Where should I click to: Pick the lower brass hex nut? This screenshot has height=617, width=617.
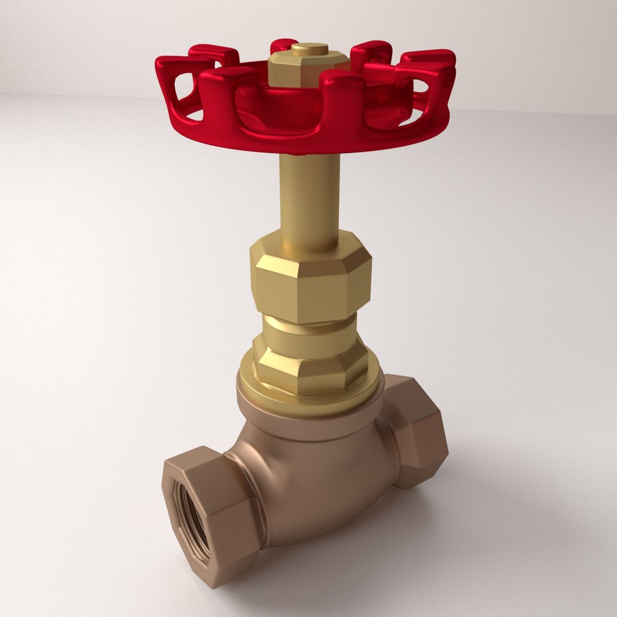(x=311, y=366)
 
